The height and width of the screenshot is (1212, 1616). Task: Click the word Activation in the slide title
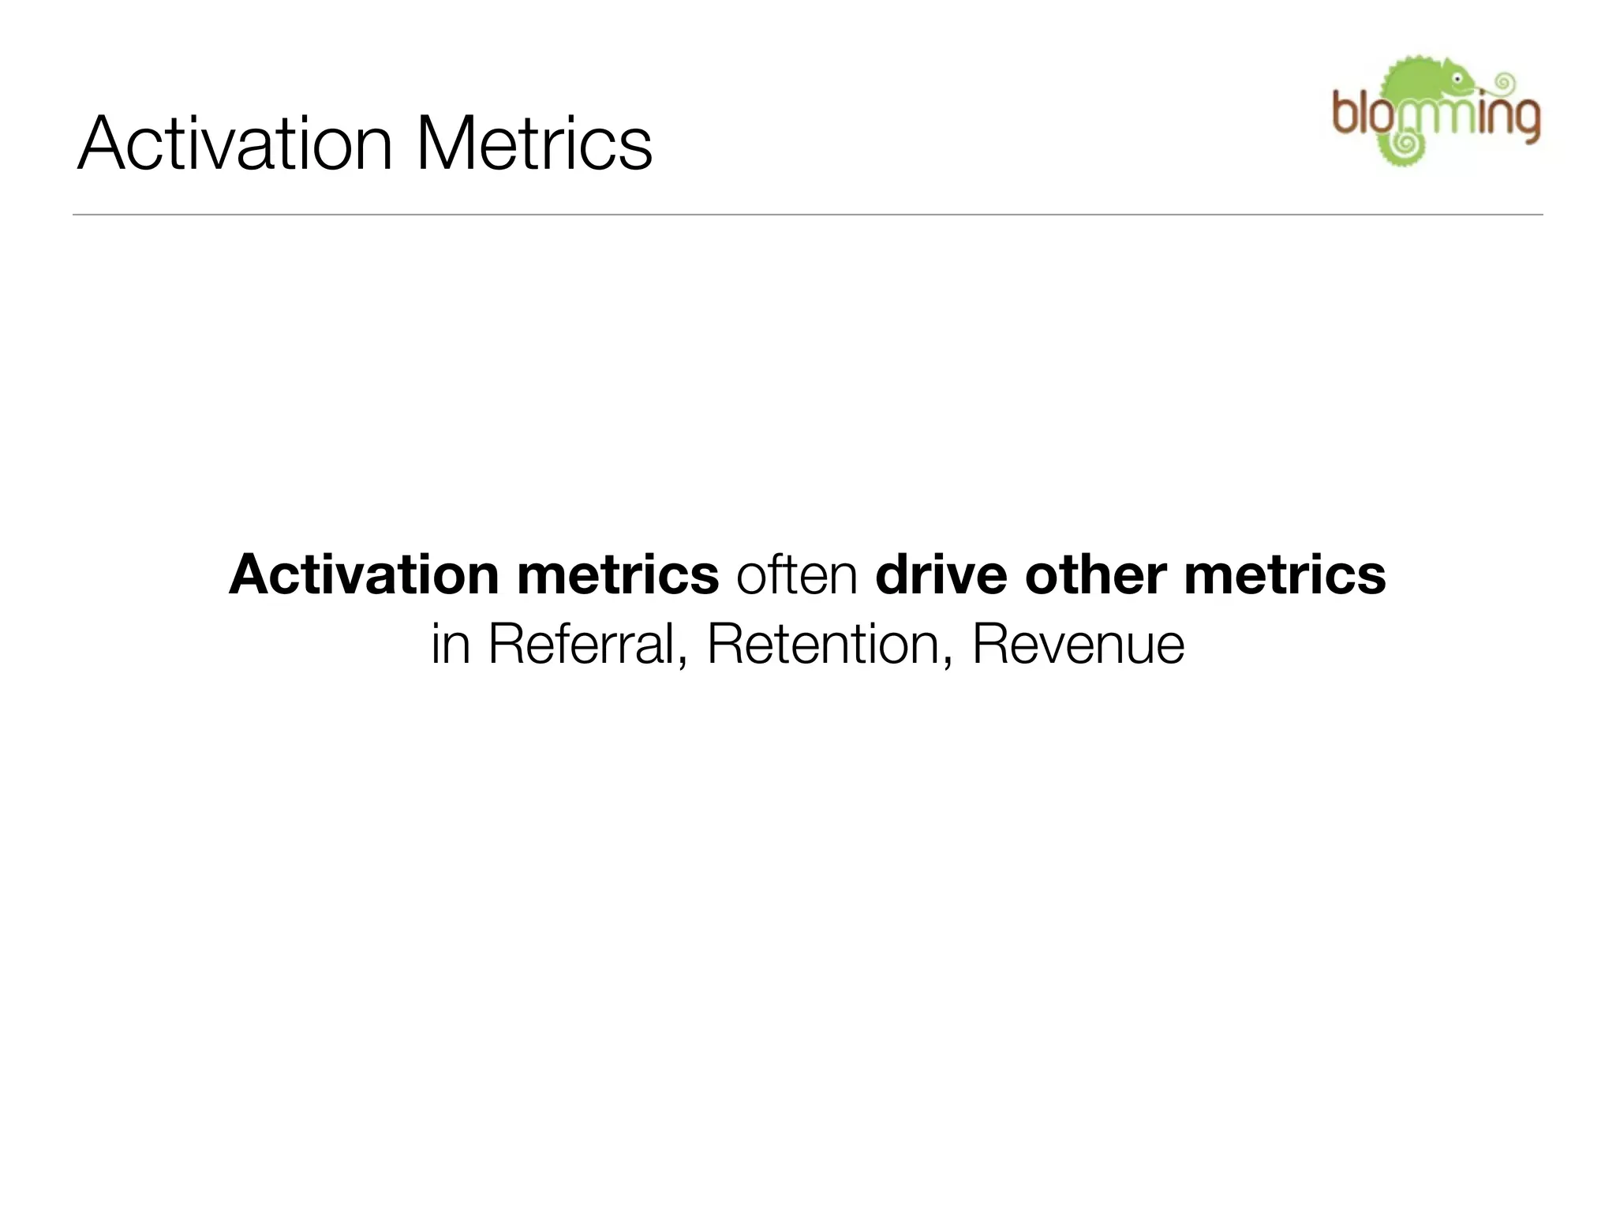tap(234, 144)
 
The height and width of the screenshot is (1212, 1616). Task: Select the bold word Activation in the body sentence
tap(363, 574)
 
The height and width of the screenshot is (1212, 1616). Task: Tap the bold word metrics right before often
tap(617, 574)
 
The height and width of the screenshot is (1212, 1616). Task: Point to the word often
tap(796, 574)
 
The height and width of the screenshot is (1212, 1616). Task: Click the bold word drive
tap(941, 574)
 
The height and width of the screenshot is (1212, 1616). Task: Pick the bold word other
tap(1095, 574)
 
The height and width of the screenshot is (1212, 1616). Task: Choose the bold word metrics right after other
tap(1285, 574)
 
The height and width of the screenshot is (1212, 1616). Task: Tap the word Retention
tap(822, 645)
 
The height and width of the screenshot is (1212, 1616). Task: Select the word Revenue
tap(1078, 645)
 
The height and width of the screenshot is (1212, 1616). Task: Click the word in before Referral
tap(451, 645)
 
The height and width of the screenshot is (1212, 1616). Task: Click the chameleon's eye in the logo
tap(1456, 79)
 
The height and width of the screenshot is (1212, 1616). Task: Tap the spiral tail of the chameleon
tap(1405, 144)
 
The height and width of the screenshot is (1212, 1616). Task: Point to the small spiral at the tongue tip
tap(1506, 80)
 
